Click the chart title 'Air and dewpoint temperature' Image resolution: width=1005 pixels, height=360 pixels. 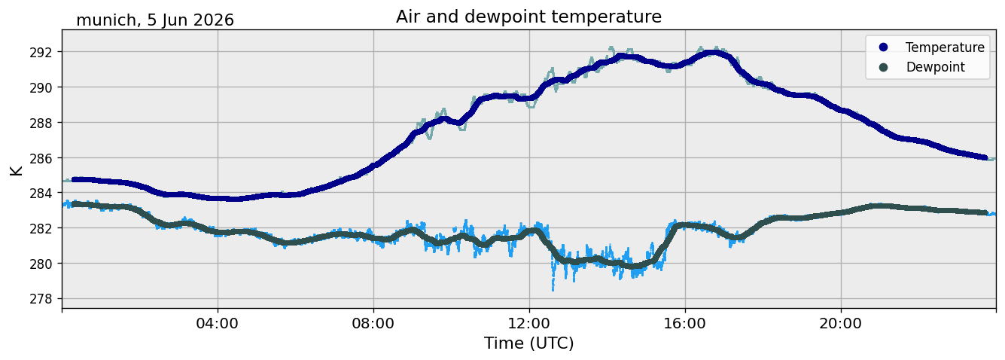528,17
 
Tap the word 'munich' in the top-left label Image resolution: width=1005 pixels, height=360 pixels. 106,20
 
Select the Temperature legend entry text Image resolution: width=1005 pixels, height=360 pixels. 945,47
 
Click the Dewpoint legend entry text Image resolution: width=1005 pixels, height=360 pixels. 936,67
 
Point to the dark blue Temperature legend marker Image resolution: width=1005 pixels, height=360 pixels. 883,47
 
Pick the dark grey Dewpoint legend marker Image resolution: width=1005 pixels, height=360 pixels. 883,67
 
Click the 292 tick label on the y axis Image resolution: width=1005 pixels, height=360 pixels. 41,52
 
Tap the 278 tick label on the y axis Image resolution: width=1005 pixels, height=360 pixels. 41,298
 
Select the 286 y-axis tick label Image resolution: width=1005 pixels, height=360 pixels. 41,158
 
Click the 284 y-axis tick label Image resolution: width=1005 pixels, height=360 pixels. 41,193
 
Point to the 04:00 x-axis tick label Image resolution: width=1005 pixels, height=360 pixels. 218,323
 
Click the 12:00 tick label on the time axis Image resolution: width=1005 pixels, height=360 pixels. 529,323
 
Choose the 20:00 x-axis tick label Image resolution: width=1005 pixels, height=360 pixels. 841,323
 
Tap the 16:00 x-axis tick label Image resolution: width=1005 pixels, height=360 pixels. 685,323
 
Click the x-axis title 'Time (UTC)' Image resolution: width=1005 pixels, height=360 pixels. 528,343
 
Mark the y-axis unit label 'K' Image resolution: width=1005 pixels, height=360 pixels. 16,170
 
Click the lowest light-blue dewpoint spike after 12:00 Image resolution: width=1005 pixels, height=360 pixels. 553,289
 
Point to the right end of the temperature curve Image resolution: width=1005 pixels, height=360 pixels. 985,157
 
